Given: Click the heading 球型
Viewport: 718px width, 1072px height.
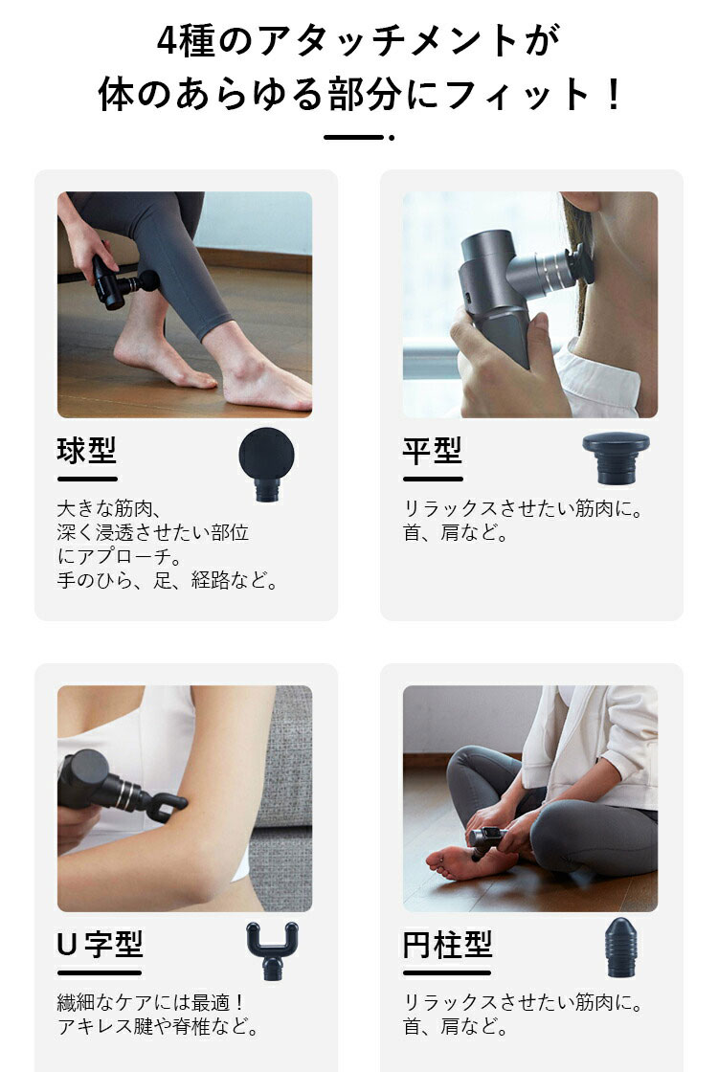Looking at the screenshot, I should tap(87, 451).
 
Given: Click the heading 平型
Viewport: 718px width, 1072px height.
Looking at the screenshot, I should tap(433, 451).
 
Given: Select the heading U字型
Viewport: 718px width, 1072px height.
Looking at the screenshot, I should tap(100, 945).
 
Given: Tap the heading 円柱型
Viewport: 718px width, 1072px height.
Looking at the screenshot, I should tap(447, 945).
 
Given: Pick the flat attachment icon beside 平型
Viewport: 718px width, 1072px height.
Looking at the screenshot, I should tap(616, 457).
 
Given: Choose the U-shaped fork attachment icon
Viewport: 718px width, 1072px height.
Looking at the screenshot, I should tap(272, 951).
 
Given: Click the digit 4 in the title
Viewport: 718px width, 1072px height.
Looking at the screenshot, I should tap(168, 42).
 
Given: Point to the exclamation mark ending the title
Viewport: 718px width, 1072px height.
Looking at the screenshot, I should tap(614, 95).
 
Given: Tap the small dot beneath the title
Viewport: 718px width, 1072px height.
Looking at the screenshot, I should tap(392, 138).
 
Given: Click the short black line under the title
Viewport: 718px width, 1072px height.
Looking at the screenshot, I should tap(352, 138).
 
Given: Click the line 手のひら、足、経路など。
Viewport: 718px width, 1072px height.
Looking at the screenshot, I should tap(168, 580).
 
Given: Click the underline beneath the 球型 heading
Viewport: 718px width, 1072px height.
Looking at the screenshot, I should tap(87, 479).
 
